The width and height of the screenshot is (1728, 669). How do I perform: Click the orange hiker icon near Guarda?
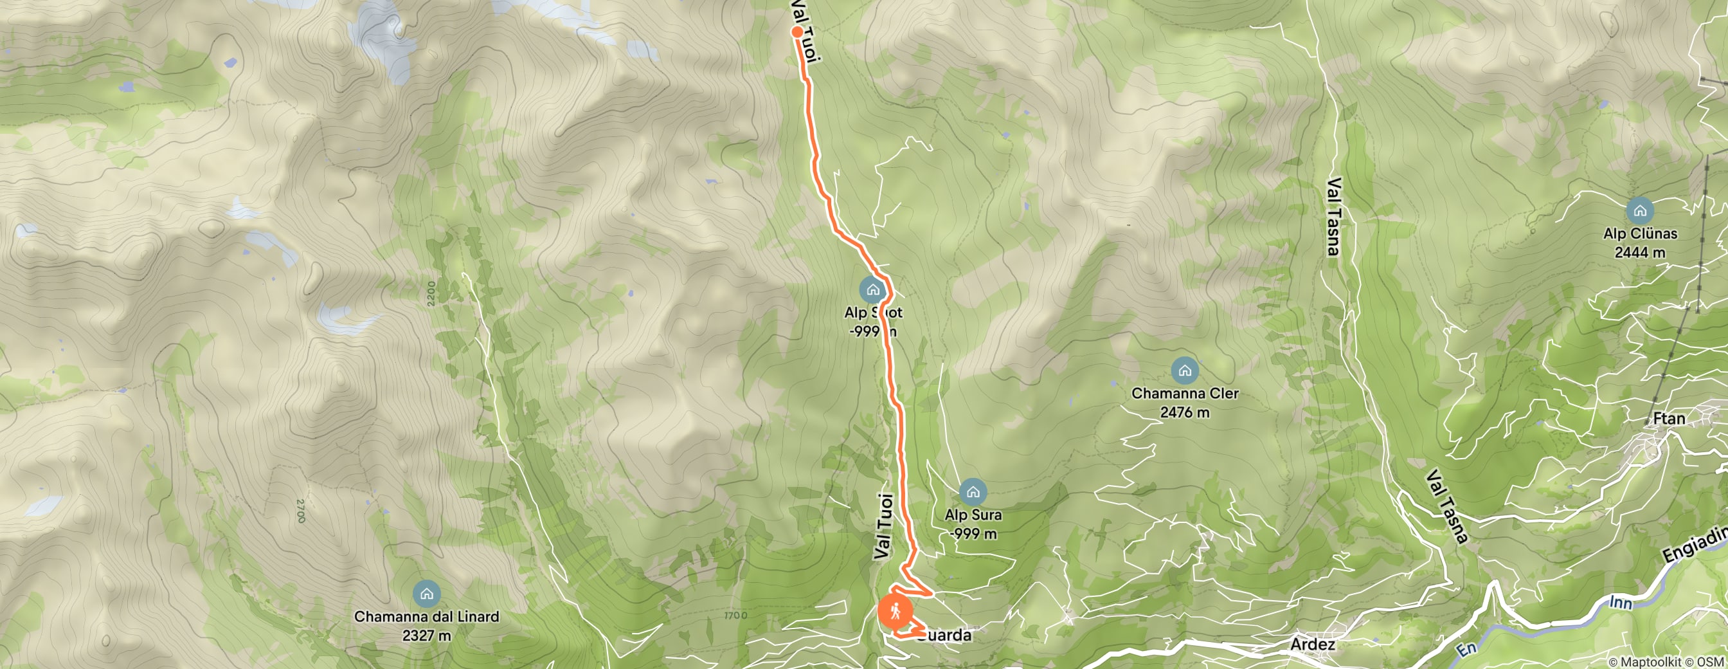pyautogui.click(x=895, y=612)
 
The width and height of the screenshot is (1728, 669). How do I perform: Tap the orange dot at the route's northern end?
pyautogui.click(x=797, y=32)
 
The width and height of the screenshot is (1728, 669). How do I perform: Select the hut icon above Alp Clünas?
pyautogui.click(x=1639, y=211)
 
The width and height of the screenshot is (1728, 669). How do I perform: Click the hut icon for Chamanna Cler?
pyautogui.click(x=1185, y=371)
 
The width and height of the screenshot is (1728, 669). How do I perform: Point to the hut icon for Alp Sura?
pyautogui.click(x=973, y=493)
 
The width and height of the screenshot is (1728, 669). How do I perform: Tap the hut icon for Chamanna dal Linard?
pyautogui.click(x=427, y=594)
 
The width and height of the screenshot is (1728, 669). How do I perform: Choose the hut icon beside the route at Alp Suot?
pyautogui.click(x=872, y=290)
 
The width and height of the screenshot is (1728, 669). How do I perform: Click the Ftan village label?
pyautogui.click(x=1668, y=419)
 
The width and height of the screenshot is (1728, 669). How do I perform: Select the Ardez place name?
pyautogui.click(x=1312, y=644)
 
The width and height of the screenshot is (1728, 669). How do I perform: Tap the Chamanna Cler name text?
pyautogui.click(x=1185, y=393)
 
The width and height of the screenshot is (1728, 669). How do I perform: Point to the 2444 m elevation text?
pyautogui.click(x=1639, y=252)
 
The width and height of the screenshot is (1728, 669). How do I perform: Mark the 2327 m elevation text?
pyautogui.click(x=427, y=635)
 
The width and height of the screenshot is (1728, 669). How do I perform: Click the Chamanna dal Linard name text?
pyautogui.click(x=427, y=616)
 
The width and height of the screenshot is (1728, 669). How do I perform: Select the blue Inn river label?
pyautogui.click(x=1621, y=603)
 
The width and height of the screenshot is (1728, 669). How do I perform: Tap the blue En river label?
pyautogui.click(x=1466, y=649)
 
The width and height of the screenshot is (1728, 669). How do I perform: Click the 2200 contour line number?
pyautogui.click(x=431, y=293)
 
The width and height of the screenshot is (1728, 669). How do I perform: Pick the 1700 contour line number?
pyautogui.click(x=735, y=616)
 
